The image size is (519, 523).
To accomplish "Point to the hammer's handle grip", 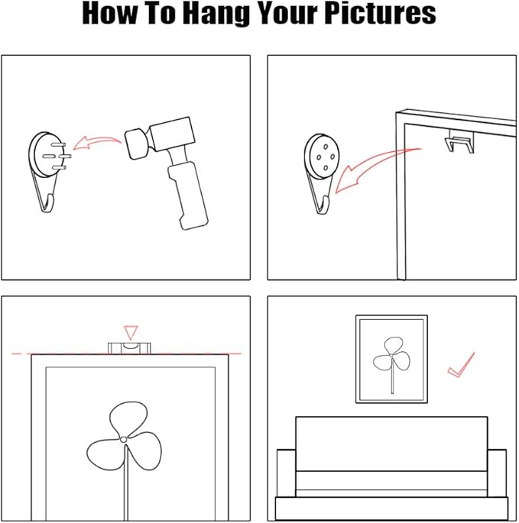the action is (188, 196).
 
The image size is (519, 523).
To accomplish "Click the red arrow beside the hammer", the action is (97, 143).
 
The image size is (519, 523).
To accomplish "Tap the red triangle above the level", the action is (131, 333).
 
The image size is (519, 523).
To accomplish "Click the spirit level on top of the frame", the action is (129, 348).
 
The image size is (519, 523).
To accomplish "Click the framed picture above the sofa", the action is (391, 359).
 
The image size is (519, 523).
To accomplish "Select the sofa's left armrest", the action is (286, 473).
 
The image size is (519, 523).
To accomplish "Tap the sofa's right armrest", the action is (497, 473).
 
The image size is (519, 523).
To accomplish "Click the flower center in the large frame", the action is (123, 440).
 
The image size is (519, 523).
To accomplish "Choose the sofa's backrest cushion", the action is (391, 444).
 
